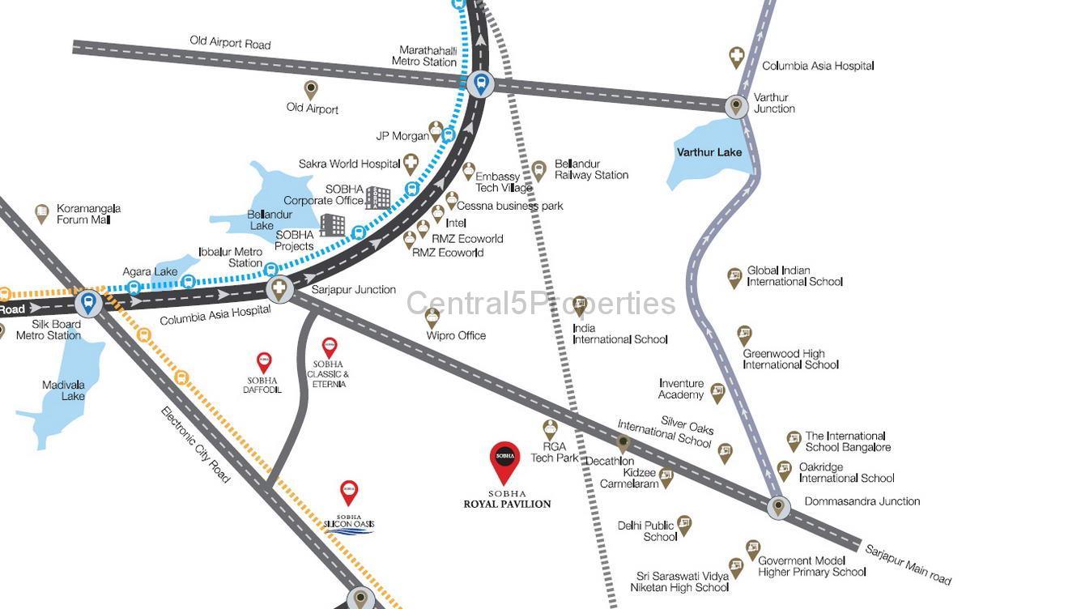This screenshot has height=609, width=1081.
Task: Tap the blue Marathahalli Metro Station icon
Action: click(481, 83)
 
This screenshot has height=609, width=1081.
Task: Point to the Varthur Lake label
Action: click(709, 152)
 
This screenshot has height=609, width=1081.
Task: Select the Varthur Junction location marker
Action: click(736, 105)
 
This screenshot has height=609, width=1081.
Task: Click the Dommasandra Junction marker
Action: click(778, 507)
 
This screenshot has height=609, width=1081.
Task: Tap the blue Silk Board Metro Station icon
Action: click(88, 304)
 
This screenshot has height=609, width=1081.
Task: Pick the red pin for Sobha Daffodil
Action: click(264, 361)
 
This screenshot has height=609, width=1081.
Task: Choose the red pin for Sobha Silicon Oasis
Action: click(349, 491)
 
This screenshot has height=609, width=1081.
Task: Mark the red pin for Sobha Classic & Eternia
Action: click(330, 347)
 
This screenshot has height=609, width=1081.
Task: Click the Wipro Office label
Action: click(456, 335)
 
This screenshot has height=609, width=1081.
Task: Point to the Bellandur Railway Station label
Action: click(591, 169)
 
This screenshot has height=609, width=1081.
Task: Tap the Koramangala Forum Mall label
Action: click(88, 214)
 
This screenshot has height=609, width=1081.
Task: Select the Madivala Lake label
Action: click(64, 390)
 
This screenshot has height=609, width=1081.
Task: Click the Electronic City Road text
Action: click(195, 445)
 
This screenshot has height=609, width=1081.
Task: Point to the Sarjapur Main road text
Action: click(908, 564)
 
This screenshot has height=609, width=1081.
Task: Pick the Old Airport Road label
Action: click(230, 43)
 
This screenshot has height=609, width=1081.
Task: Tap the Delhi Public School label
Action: click(646, 531)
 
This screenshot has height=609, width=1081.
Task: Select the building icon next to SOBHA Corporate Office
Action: click(378, 197)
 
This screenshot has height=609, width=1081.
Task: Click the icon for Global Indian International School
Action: click(734, 277)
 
